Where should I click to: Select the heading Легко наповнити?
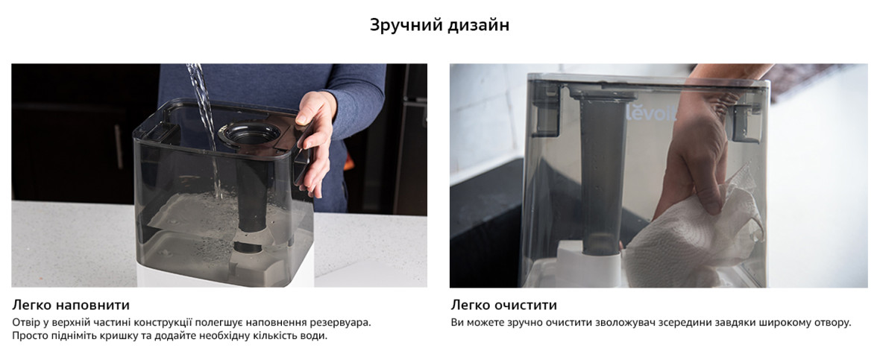(71, 306)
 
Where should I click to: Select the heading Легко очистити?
(503, 306)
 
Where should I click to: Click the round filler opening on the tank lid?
(250, 134)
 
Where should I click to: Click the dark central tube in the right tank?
(603, 174)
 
